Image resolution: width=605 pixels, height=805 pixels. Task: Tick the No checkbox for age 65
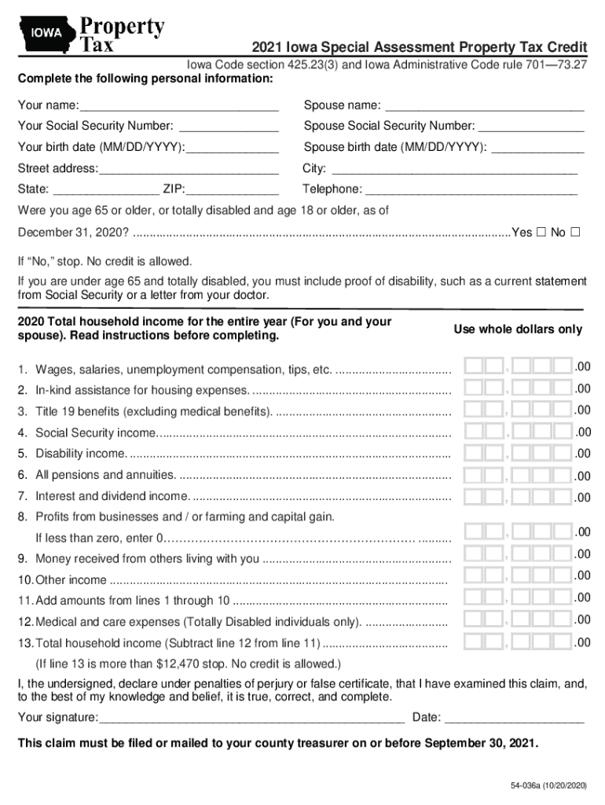tap(575, 233)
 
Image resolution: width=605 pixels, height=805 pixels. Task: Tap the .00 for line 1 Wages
tap(582, 366)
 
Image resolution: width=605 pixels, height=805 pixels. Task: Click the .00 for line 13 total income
tap(582, 642)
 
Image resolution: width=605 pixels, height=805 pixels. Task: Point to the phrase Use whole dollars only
tap(518, 329)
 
